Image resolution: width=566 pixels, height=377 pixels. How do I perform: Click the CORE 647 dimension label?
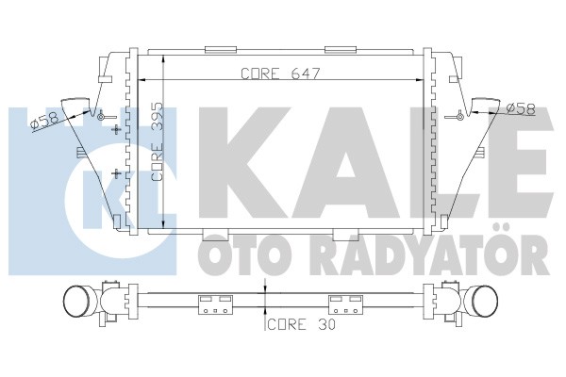pyautogui.click(x=280, y=74)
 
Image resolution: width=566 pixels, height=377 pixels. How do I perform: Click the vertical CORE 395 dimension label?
pyautogui.click(x=158, y=141)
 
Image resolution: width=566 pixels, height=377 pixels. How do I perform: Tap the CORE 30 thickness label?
pyautogui.click(x=302, y=324)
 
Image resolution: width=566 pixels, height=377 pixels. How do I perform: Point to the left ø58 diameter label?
pyautogui.click(x=44, y=120)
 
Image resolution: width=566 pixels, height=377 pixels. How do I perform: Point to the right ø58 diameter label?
pyautogui.click(x=520, y=109)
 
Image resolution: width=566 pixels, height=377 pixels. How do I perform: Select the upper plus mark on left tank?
pyautogui.click(x=116, y=129)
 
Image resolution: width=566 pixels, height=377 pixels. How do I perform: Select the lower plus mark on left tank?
pyautogui.click(x=116, y=173)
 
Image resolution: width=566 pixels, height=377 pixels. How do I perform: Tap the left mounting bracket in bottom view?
pyautogui.click(x=215, y=304)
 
